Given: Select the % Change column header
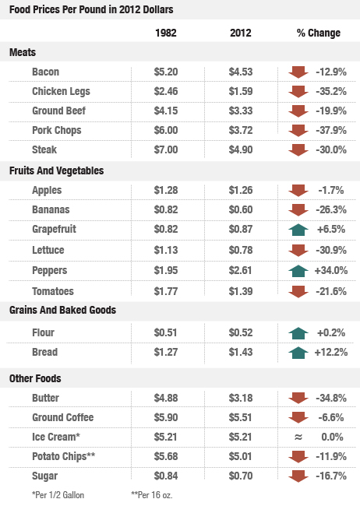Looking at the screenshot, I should click(319, 33).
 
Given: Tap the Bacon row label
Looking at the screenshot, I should click(46, 72).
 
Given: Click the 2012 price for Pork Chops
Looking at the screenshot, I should click(242, 130).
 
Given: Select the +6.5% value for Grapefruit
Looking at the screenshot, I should click(331, 230).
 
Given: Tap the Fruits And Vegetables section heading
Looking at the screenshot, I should click(57, 170).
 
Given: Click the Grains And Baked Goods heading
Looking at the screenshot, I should click(62, 310).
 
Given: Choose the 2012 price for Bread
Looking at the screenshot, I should click(242, 353).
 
